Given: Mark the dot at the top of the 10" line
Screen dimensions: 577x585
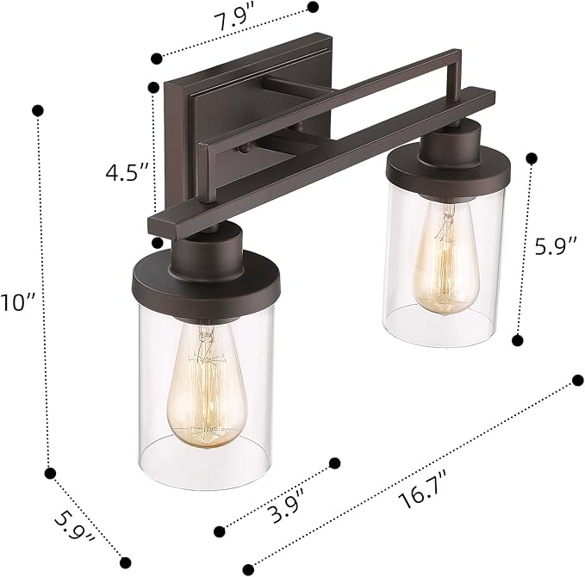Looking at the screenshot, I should coord(38,110).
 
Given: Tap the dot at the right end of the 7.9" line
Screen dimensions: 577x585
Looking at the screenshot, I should coord(313,7).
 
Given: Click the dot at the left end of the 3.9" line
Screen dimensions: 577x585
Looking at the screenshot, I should coord(220,530).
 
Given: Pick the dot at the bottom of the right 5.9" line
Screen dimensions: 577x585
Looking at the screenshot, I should coord(518,340).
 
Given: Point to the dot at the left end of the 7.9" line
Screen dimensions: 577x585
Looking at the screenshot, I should coord(156,59).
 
